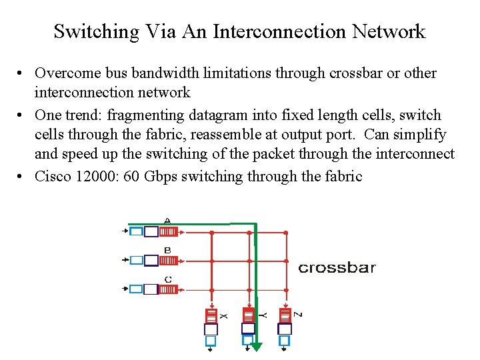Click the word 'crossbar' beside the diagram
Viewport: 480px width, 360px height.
(337, 268)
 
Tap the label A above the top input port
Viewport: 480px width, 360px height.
(167, 220)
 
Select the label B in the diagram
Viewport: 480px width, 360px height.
(167, 250)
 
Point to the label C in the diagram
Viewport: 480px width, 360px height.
(168, 279)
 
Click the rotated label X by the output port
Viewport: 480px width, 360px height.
(225, 315)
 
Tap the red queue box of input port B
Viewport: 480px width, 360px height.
(168, 261)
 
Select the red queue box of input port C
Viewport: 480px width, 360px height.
(168, 289)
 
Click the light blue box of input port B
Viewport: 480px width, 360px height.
(136, 261)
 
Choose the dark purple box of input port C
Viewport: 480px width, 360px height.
(151, 289)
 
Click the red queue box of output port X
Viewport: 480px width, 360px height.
(211, 315)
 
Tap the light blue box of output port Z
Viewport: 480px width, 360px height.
(285, 341)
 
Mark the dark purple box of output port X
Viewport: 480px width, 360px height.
(211, 329)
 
